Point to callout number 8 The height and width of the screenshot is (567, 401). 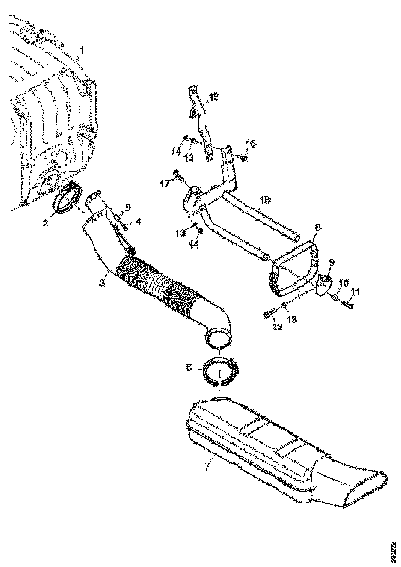pos(318,226)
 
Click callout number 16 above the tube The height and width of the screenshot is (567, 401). pos(264,198)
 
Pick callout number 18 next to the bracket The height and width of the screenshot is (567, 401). pos(214,96)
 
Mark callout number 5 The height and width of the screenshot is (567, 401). pos(127,207)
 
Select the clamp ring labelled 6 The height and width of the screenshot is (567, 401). pos(220,374)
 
